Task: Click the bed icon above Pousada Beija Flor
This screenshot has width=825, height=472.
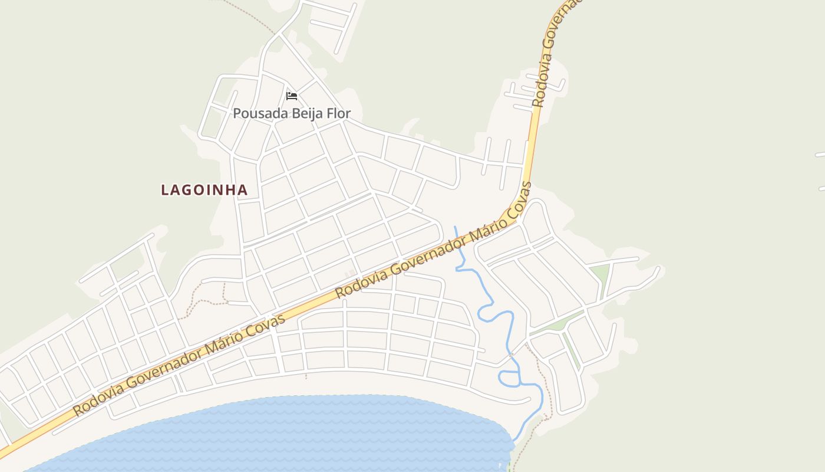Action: pyautogui.click(x=291, y=96)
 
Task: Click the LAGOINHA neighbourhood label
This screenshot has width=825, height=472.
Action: pyautogui.click(x=204, y=190)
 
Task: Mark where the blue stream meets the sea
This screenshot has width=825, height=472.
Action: pyautogui.click(x=514, y=441)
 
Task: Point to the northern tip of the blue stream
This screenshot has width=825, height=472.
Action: pyautogui.click(x=455, y=228)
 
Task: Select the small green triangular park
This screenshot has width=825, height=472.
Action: pyautogui.click(x=599, y=274)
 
